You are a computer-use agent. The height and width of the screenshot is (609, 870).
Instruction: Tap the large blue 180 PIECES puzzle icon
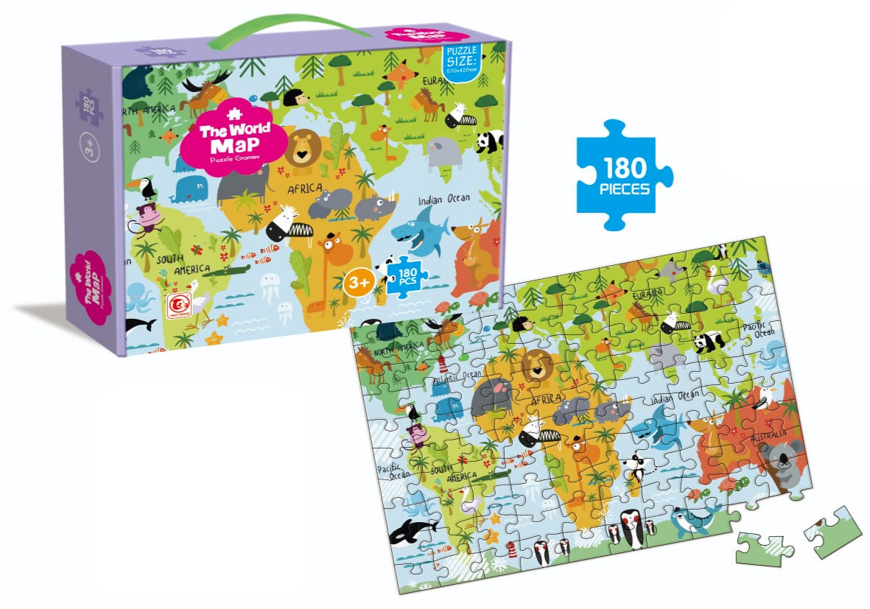pos(624,177)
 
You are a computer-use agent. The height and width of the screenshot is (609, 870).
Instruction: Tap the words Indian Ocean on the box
pos(443,200)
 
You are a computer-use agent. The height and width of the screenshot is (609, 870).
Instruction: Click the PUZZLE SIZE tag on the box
pos(462,62)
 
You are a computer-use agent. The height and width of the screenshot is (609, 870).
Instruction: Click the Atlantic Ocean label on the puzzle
pos(457,379)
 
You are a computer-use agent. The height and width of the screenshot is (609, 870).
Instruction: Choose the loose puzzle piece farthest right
pos(833,531)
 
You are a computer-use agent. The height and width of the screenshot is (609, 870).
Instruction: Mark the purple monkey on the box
pos(149,219)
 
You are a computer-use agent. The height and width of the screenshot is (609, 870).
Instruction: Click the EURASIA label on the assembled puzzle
pos(647,295)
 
